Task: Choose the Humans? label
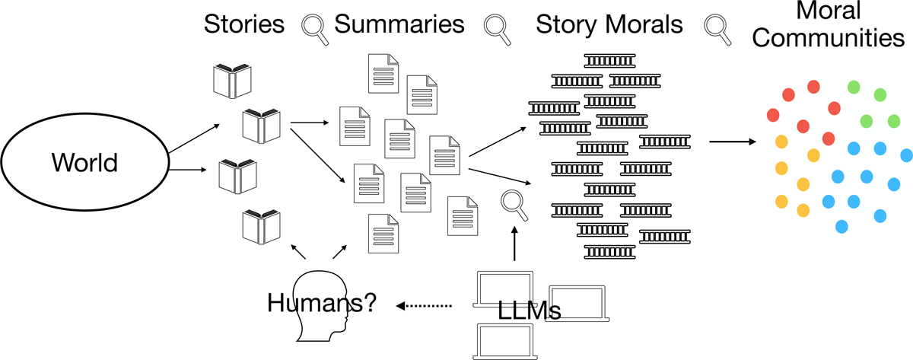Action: coord(322,303)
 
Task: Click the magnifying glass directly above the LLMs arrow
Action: coord(513,204)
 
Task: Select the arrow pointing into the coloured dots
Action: coord(732,142)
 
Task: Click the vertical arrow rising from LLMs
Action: coord(514,242)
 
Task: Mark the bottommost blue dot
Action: coord(842,226)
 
